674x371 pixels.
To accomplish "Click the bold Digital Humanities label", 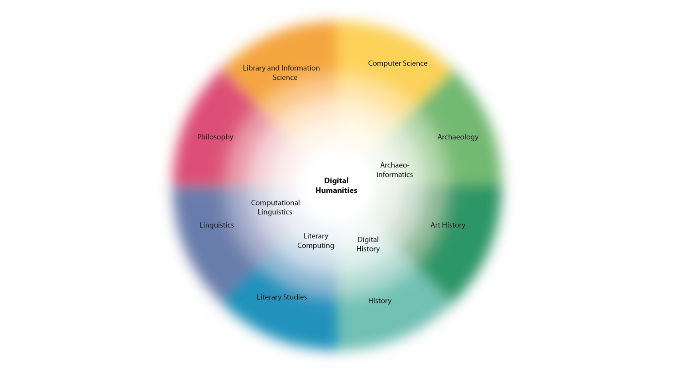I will [x=336, y=185].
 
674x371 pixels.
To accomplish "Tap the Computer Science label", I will [x=397, y=63].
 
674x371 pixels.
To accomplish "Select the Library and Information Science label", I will [x=281, y=73].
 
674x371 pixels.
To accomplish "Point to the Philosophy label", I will [x=215, y=137].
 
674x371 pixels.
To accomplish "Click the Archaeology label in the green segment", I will [x=458, y=137].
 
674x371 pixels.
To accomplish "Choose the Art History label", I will [x=448, y=225].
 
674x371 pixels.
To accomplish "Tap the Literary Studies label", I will [x=282, y=297].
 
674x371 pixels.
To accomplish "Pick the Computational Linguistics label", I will [x=275, y=207].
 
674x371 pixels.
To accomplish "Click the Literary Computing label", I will [x=316, y=241].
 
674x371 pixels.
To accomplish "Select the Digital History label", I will [x=368, y=244].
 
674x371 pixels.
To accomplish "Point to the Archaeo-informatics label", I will [x=395, y=170].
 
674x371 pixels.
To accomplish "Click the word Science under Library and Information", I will [x=285, y=78].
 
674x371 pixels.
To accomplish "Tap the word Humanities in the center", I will [x=336, y=190].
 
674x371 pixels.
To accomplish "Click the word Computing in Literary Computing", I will [x=316, y=246].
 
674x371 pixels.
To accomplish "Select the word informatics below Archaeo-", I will [x=395, y=175].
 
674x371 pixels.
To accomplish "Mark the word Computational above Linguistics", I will [x=275, y=203].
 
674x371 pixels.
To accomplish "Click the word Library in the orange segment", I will [x=254, y=68].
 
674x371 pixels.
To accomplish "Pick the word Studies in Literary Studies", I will [x=295, y=297].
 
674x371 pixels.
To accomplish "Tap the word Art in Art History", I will [x=435, y=225].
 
